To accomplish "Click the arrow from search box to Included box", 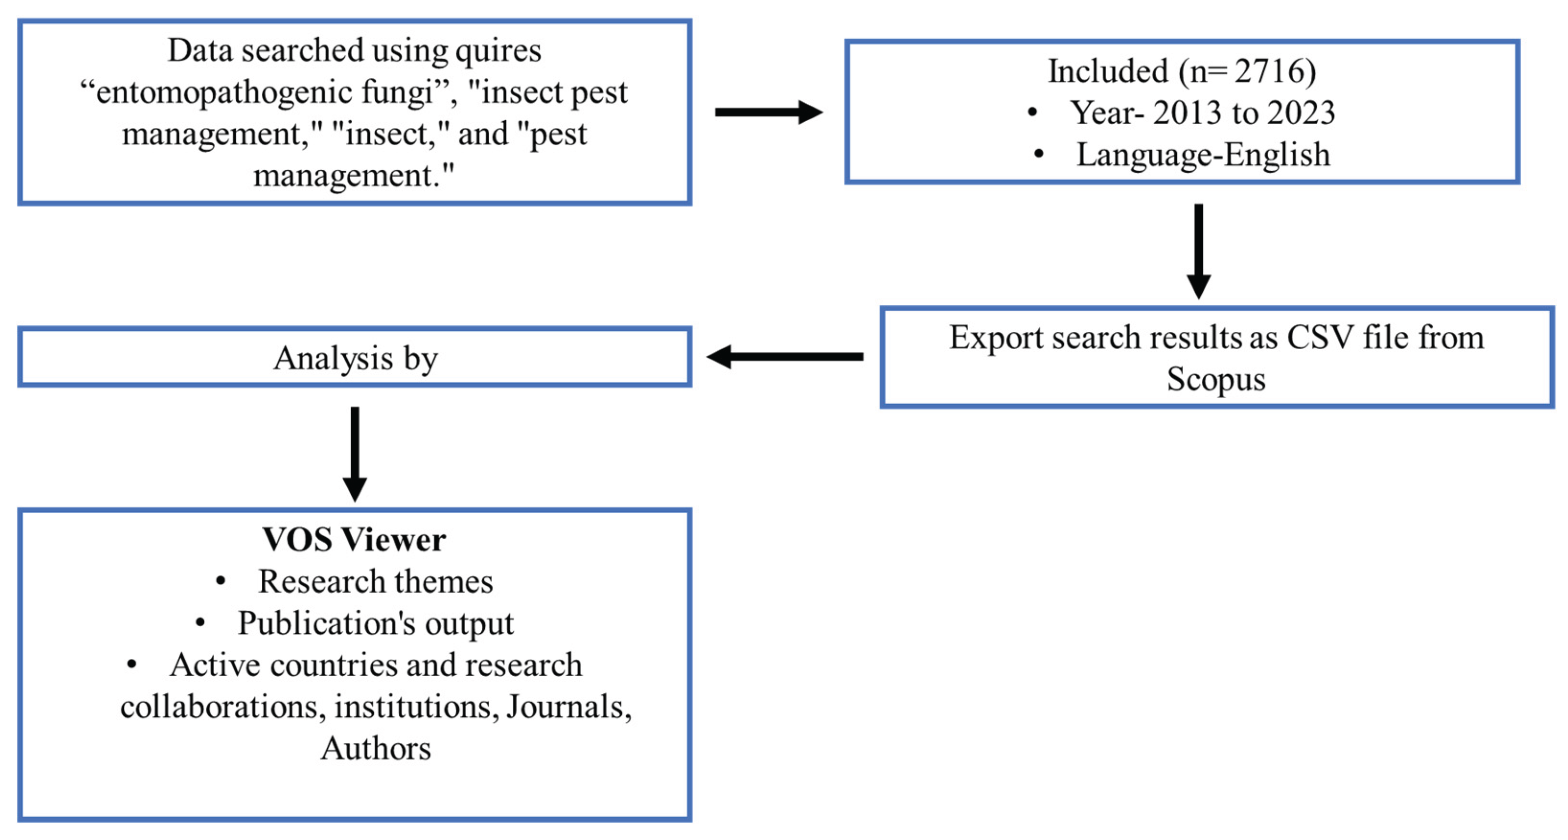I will click(768, 112).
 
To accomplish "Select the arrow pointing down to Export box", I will click(1198, 251).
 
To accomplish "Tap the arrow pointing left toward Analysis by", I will click(785, 357).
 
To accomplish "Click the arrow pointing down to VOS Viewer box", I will click(355, 454).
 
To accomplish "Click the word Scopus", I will click(1216, 379).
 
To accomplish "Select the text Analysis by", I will click(355, 358).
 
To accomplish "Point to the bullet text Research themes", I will click(375, 581).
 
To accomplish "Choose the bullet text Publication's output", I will click(375, 623).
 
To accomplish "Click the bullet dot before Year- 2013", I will click(1032, 113).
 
